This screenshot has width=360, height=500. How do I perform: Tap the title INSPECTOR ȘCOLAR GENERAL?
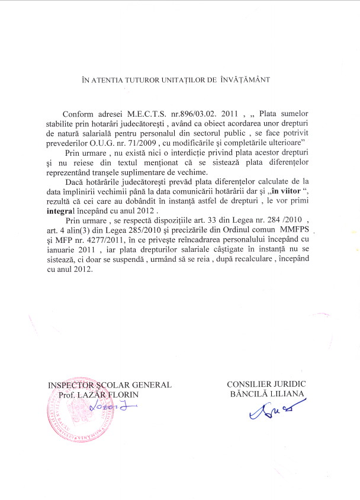pos(110,384)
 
